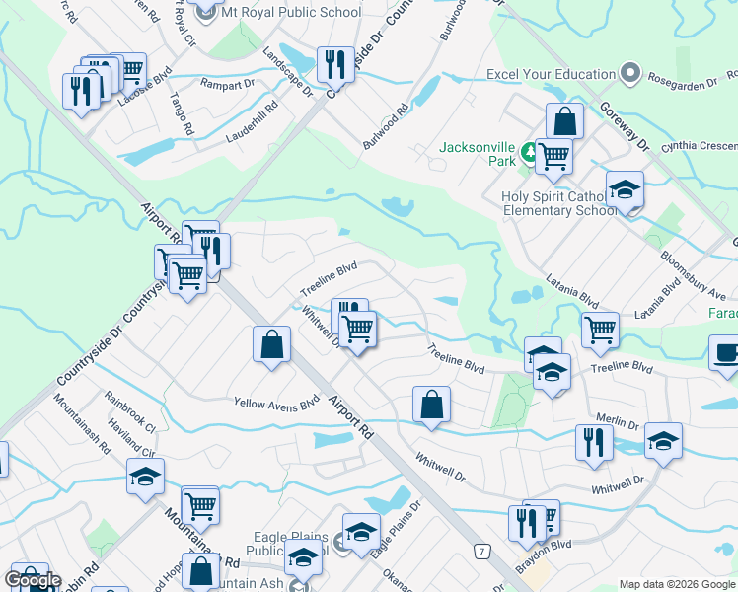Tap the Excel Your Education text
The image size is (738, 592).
(551, 74)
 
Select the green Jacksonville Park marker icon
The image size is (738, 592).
(530, 151)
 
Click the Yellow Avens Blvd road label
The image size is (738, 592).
(276, 403)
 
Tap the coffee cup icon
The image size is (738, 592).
(726, 353)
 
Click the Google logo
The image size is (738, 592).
(33, 580)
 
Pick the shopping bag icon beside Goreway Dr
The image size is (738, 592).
(564, 122)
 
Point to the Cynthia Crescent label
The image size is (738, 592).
(700, 145)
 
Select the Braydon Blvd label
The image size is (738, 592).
(546, 545)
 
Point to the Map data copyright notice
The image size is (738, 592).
(677, 584)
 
